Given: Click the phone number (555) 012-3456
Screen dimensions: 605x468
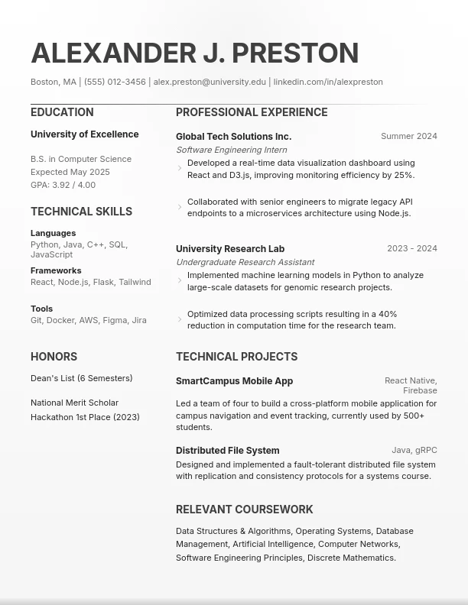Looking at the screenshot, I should [115, 82].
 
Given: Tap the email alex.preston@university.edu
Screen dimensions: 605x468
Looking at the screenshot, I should [210, 82].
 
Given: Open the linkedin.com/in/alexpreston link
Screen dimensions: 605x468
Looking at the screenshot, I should [328, 82].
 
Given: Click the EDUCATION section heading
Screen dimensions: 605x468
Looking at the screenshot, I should [62, 112].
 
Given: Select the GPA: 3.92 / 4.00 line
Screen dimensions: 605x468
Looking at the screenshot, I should [63, 185].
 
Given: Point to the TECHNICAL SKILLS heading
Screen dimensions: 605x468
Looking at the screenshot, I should [81, 212].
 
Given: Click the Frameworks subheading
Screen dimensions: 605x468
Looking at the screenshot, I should [56, 270].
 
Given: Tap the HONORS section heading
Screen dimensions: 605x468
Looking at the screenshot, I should [54, 357].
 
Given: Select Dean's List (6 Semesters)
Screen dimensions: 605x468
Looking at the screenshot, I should [81, 378].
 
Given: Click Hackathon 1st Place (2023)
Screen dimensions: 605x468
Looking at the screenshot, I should [85, 417].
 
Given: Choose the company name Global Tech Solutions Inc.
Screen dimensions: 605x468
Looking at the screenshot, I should [233, 137].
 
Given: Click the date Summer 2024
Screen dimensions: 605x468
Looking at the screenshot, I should [409, 136].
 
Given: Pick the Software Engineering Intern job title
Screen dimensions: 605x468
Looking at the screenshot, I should [231, 150].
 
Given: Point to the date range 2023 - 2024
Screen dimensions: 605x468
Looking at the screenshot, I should [412, 248].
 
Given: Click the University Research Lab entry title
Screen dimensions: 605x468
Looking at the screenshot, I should [230, 249].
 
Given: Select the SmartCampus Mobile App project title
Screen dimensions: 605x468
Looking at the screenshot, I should [234, 381].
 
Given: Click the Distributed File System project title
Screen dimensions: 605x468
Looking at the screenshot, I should [227, 451].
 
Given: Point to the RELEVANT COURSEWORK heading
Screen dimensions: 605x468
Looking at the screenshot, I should [244, 510].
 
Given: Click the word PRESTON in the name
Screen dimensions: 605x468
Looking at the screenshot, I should [295, 53].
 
